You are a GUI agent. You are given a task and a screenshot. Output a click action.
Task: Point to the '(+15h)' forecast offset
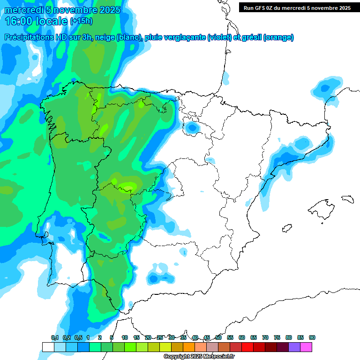pyautogui.click(x=81, y=21)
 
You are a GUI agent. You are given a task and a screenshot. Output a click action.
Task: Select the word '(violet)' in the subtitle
pyautogui.click(x=220, y=37)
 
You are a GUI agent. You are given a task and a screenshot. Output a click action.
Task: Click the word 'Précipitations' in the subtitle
pyautogui.click(x=29, y=37)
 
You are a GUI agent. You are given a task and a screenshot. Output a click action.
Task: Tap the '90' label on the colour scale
pyautogui.click(x=312, y=337)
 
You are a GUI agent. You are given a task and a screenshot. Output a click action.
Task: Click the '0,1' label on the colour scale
pyautogui.click(x=55, y=337)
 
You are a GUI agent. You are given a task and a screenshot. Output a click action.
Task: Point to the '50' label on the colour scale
pyautogui.click(x=218, y=337)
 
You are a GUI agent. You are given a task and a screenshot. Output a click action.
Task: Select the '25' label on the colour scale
pyautogui.click(x=160, y=337)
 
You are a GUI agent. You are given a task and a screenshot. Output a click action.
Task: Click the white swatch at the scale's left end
pyautogui.click(x=48, y=347)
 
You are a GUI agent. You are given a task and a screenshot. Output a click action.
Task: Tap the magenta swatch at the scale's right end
pyautogui.click(x=306, y=347)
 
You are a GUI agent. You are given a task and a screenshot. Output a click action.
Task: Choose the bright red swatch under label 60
pyautogui.click(x=247, y=347)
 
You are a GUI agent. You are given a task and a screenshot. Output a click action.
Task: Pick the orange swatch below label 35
pyautogui.click(x=189, y=347)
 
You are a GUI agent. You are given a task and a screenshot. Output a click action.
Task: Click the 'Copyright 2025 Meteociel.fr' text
pyautogui.click(x=199, y=357)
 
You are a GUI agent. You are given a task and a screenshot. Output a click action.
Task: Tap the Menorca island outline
pyautogui.click(x=347, y=199)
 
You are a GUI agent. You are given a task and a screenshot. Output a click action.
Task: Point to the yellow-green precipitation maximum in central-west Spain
pyautogui.click(x=127, y=187)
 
